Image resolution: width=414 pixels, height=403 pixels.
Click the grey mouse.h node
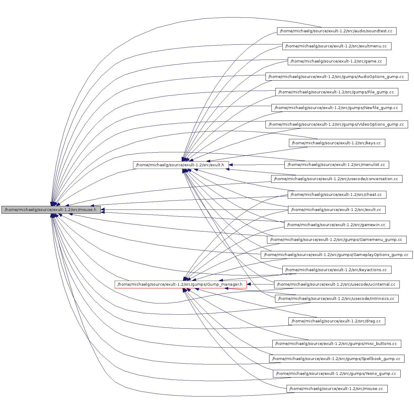tap(51, 210)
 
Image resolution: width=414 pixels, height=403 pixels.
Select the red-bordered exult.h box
tap(180, 165)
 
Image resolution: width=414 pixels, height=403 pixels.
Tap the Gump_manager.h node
tap(180, 284)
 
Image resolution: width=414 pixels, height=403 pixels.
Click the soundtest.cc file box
tap(336, 31)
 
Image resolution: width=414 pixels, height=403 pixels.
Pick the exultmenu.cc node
tap(337, 46)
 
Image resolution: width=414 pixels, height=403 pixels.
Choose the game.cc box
tap(337, 61)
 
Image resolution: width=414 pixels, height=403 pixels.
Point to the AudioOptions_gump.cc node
tap(337, 77)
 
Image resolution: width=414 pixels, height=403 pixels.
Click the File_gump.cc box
tap(336, 92)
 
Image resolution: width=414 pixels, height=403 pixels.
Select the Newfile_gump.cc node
tap(336, 108)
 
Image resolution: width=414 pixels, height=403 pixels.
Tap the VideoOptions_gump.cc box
tap(336, 124)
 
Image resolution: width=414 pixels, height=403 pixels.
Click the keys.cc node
tap(337, 143)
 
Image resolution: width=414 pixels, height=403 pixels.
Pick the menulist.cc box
tap(336, 165)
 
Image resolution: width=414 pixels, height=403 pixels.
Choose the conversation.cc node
tap(336, 179)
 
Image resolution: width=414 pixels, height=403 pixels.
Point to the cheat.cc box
tap(337, 195)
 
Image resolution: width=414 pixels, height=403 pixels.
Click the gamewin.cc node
tap(337, 225)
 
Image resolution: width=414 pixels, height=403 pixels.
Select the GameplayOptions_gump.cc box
tap(336, 255)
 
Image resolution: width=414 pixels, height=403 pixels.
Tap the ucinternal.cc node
tap(337, 284)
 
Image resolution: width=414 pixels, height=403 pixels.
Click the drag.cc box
tap(336, 321)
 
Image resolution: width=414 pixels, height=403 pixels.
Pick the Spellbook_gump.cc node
tap(336, 359)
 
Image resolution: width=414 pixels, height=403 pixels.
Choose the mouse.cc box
tap(337, 389)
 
